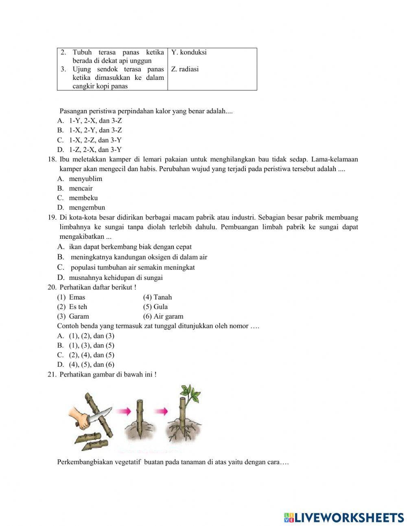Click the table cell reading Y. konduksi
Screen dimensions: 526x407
pyautogui.click(x=189, y=52)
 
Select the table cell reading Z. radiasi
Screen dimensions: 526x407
pyautogui.click(x=185, y=69)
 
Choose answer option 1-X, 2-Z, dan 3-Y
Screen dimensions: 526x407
pyautogui.click(x=95, y=140)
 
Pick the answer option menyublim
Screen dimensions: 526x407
pyautogui.click(x=85, y=179)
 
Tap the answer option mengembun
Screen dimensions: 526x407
pyautogui.click(x=87, y=207)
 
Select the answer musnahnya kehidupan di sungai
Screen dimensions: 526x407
pyautogui.click(x=116, y=278)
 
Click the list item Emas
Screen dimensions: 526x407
pyautogui.click(x=77, y=297)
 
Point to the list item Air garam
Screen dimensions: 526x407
pyautogui.click(x=168, y=317)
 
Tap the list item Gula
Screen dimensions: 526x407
pyautogui.click(x=160, y=307)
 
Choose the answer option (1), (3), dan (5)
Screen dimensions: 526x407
pyautogui.click(x=91, y=346)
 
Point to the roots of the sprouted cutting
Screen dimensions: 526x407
pyautogui.click(x=181, y=431)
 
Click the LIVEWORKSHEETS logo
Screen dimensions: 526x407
pyautogui.click(x=344, y=517)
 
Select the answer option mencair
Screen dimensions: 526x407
pyautogui.click(x=81, y=189)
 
